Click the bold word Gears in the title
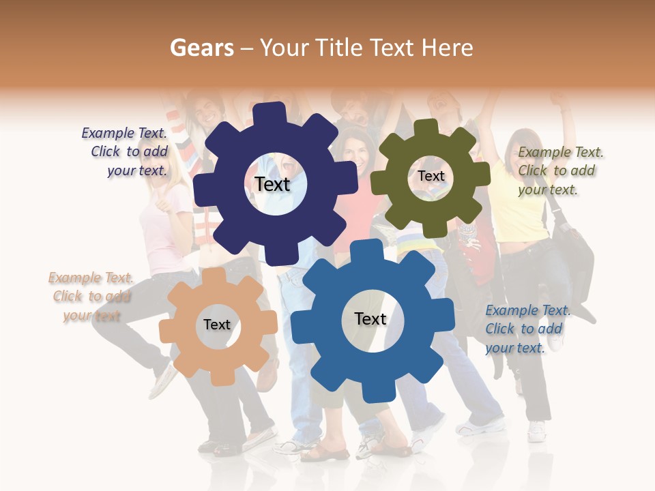point(201,48)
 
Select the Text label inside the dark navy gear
point(272,184)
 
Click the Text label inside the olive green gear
point(431,176)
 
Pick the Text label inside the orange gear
point(217,325)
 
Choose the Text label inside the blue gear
point(370,318)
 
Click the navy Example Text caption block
point(125,152)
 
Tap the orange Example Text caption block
point(91,297)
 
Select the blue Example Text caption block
point(527,329)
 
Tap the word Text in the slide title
point(392,48)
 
